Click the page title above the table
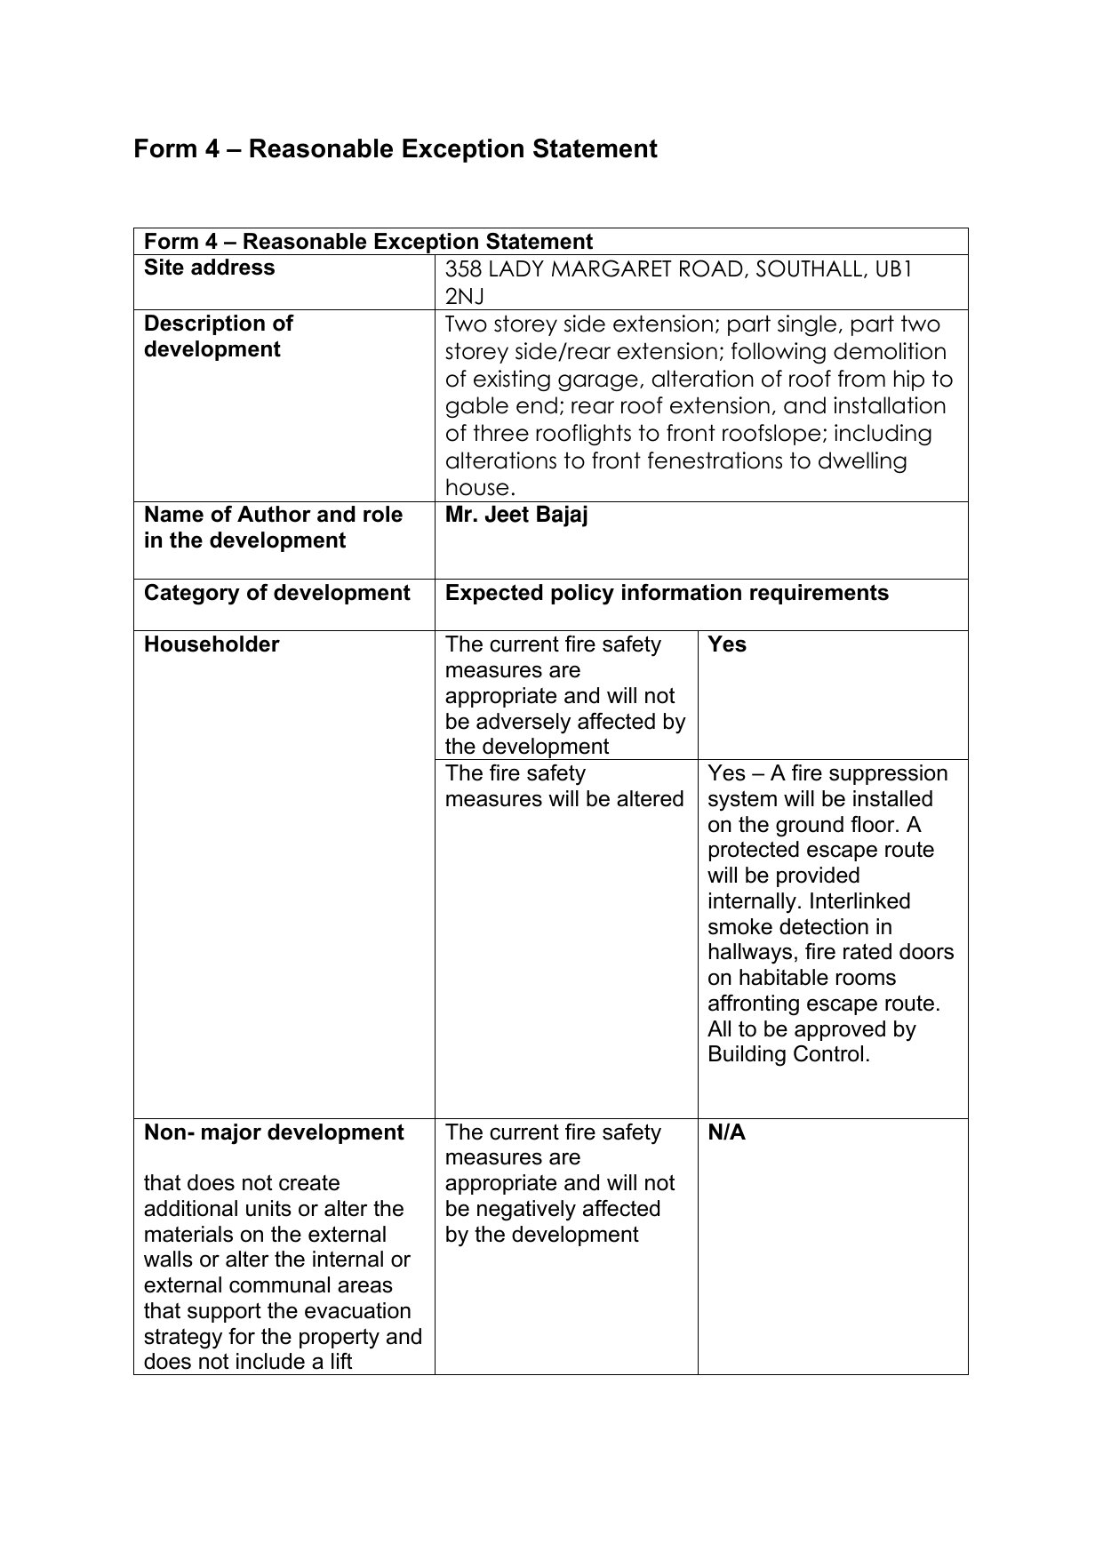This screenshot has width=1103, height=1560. [x=396, y=148]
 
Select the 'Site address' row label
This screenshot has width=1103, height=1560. [x=209, y=268]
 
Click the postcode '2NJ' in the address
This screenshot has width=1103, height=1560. [x=464, y=296]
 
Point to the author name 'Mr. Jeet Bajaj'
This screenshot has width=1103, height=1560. [x=516, y=515]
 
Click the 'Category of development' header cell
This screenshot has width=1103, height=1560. [x=276, y=593]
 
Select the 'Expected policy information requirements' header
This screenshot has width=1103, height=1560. [x=667, y=593]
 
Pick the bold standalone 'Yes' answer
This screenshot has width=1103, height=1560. [x=727, y=644]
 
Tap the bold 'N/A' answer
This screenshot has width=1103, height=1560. [x=726, y=1132]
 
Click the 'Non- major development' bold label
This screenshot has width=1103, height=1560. [x=274, y=1132]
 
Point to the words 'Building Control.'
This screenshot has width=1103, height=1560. [x=788, y=1055]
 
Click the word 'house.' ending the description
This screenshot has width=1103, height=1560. [x=480, y=488]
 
